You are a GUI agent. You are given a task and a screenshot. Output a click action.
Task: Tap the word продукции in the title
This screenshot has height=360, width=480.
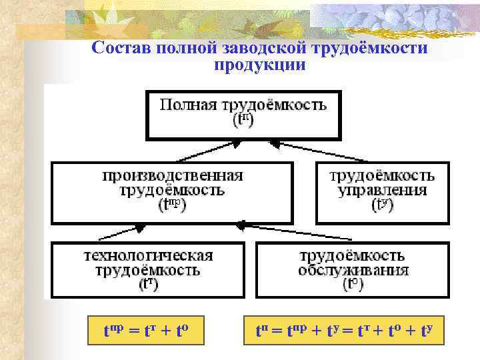tap(260, 65)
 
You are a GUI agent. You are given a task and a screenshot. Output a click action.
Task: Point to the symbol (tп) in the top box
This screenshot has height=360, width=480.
tap(243, 121)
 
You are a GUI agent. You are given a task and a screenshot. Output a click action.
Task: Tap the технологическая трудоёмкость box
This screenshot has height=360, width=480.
tap(147, 269)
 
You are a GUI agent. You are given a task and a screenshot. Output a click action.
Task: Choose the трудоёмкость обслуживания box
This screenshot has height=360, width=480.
tap(353, 269)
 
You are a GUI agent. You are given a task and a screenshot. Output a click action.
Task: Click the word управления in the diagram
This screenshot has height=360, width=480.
tap(382, 191)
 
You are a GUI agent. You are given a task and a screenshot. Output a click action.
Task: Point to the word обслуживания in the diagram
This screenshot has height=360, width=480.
tap(353, 271)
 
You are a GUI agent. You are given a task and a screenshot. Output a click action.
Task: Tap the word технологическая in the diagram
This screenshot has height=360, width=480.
tap(148, 256)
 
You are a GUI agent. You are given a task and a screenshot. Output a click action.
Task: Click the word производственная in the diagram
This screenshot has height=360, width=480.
tap(173, 177)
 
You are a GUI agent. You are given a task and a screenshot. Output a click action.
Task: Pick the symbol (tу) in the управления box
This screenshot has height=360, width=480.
tap(383, 205)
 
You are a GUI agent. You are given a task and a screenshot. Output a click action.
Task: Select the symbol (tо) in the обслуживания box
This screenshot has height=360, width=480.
tap(353, 285)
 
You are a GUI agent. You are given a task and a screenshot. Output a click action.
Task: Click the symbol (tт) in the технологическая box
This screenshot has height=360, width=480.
tap(149, 285)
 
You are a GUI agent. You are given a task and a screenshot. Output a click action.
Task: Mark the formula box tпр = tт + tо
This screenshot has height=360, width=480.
tap(147, 329)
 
